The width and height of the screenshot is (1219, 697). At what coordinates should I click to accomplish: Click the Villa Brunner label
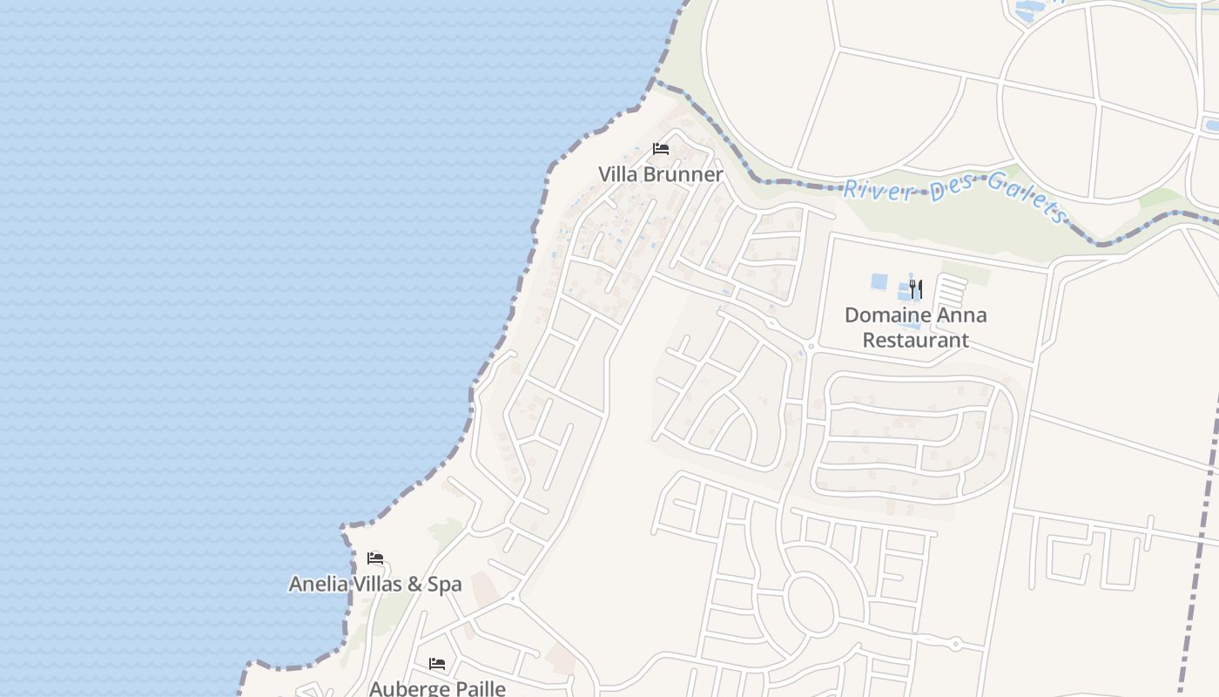pyautogui.click(x=660, y=174)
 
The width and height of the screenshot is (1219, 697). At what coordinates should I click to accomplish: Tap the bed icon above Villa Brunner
pyautogui.click(x=661, y=149)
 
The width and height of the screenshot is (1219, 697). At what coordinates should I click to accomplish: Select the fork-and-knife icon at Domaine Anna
pyautogui.click(x=915, y=288)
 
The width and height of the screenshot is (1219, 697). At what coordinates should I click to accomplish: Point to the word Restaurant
pyautogui.click(x=915, y=340)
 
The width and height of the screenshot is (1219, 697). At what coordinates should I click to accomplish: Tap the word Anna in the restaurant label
pyautogui.click(x=963, y=315)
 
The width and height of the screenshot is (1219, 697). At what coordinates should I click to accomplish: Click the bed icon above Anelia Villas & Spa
pyautogui.click(x=375, y=558)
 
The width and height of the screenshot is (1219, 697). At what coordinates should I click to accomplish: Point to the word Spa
pyautogui.click(x=444, y=584)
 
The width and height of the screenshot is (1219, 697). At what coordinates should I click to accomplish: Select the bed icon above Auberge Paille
pyautogui.click(x=437, y=664)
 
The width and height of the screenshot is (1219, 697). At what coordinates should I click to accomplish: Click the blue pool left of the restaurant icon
pyautogui.click(x=879, y=282)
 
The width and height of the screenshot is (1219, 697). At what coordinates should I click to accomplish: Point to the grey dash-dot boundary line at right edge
pyautogui.click(x=1202, y=523)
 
